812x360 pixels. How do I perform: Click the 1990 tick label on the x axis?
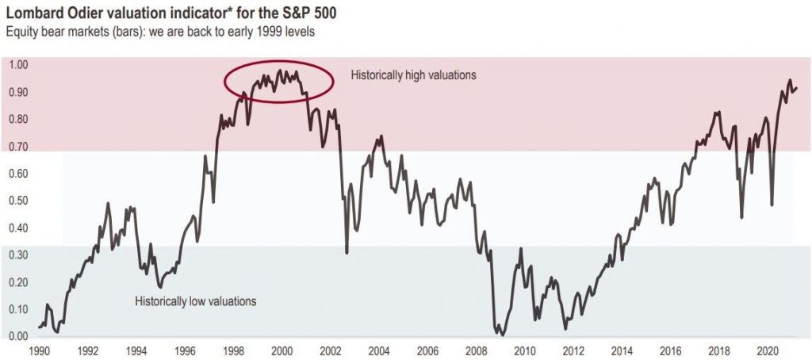(40, 350)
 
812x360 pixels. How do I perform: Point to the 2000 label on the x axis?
(282, 350)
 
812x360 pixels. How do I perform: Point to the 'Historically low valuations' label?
(195, 301)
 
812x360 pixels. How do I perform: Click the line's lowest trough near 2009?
(502, 335)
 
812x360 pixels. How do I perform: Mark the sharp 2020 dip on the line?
(772, 205)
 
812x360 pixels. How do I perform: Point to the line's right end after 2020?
(796, 88)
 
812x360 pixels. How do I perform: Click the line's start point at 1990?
(39, 327)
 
